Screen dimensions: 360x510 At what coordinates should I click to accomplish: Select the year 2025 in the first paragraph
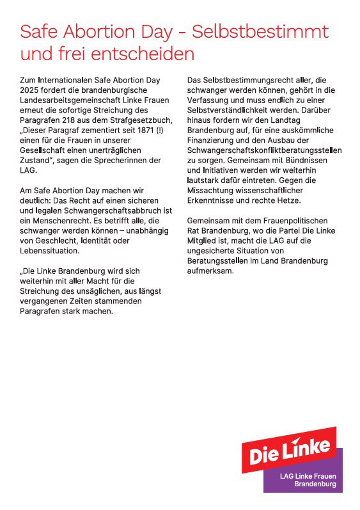31,90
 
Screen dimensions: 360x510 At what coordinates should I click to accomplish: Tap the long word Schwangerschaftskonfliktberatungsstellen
264,151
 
